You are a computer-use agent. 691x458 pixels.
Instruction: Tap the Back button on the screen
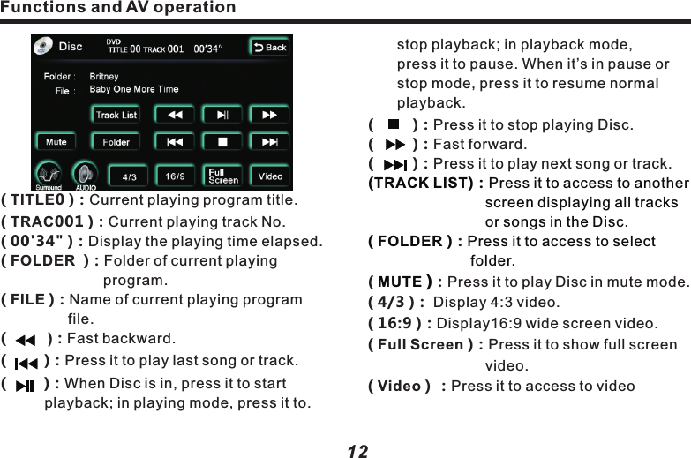(x=269, y=48)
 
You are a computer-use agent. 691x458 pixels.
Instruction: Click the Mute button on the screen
(x=56, y=141)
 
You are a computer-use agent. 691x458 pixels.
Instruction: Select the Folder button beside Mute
(x=116, y=141)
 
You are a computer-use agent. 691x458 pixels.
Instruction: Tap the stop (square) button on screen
(x=222, y=141)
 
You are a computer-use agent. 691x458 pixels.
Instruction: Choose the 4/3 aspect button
(x=129, y=176)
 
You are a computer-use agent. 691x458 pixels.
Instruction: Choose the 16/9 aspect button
(x=176, y=176)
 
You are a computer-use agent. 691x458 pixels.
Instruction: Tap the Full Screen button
(x=222, y=176)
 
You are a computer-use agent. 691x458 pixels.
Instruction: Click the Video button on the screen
(x=270, y=176)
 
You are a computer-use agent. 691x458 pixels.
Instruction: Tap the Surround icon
(x=49, y=176)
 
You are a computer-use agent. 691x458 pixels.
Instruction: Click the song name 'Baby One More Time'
(x=134, y=89)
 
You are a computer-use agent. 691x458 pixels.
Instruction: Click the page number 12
(x=357, y=451)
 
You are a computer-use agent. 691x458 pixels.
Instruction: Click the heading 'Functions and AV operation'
(x=118, y=8)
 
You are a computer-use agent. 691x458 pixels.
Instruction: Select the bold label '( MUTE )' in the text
(x=398, y=282)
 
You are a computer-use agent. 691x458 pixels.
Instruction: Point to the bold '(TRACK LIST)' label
(x=418, y=184)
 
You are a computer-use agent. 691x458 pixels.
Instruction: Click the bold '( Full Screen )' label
(x=418, y=344)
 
